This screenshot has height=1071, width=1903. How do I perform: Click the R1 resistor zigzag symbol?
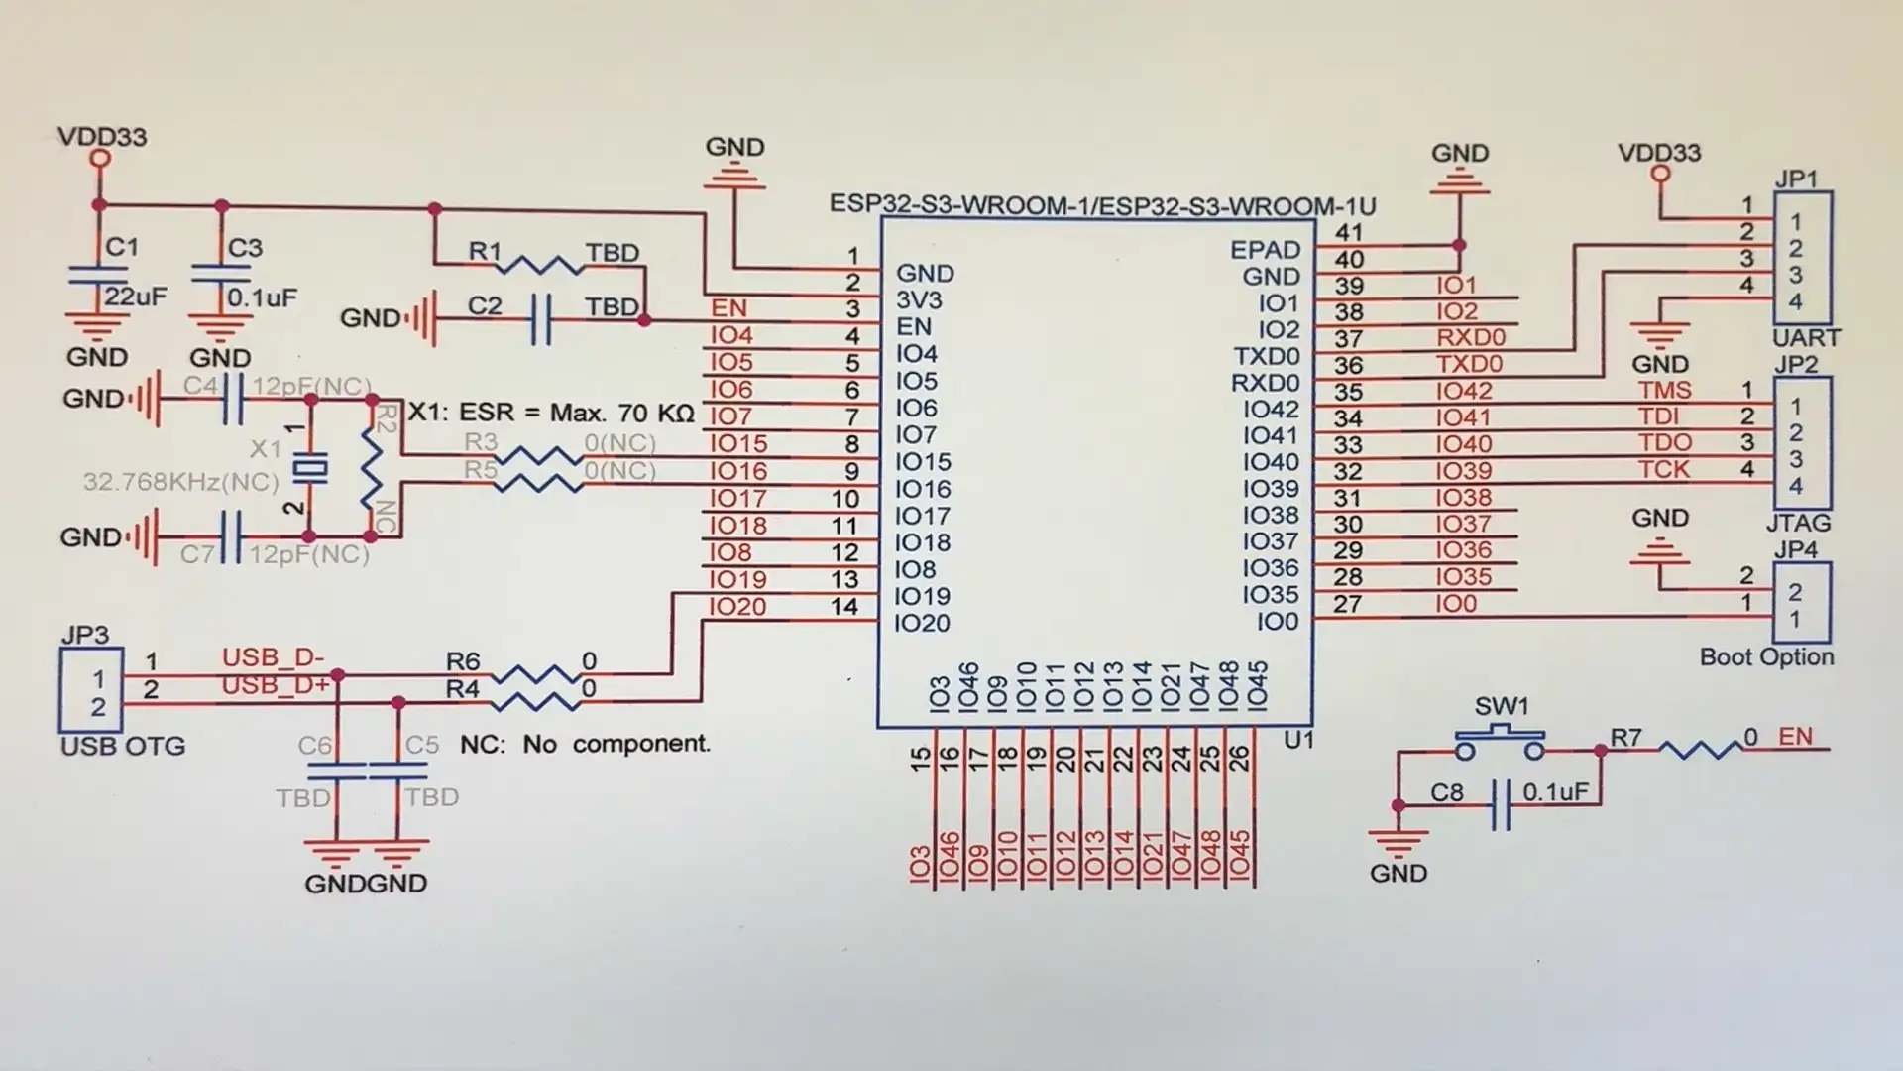point(539,264)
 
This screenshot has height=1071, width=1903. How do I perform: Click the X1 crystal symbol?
point(313,470)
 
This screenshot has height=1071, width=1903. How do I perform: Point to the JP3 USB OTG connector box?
point(91,692)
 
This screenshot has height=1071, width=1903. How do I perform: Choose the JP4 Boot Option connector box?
point(1801,604)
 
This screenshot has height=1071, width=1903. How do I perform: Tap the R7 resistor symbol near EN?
point(1699,750)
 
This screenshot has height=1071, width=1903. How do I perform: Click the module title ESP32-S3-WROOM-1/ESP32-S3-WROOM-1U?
point(1102,206)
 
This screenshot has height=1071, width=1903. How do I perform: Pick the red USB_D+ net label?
point(275,686)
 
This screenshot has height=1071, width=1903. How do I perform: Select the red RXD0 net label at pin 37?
point(1470,338)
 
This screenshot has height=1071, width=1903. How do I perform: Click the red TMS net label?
point(1664,391)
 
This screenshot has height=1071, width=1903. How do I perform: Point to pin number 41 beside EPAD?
point(1348,233)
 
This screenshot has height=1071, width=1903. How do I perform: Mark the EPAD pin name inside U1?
point(1265,250)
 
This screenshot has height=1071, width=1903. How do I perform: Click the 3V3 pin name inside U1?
point(919,300)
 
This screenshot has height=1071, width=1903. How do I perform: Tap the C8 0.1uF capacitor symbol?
point(1501,805)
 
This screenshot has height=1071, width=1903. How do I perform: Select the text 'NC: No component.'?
point(585,744)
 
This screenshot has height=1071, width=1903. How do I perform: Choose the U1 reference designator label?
point(1297,740)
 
